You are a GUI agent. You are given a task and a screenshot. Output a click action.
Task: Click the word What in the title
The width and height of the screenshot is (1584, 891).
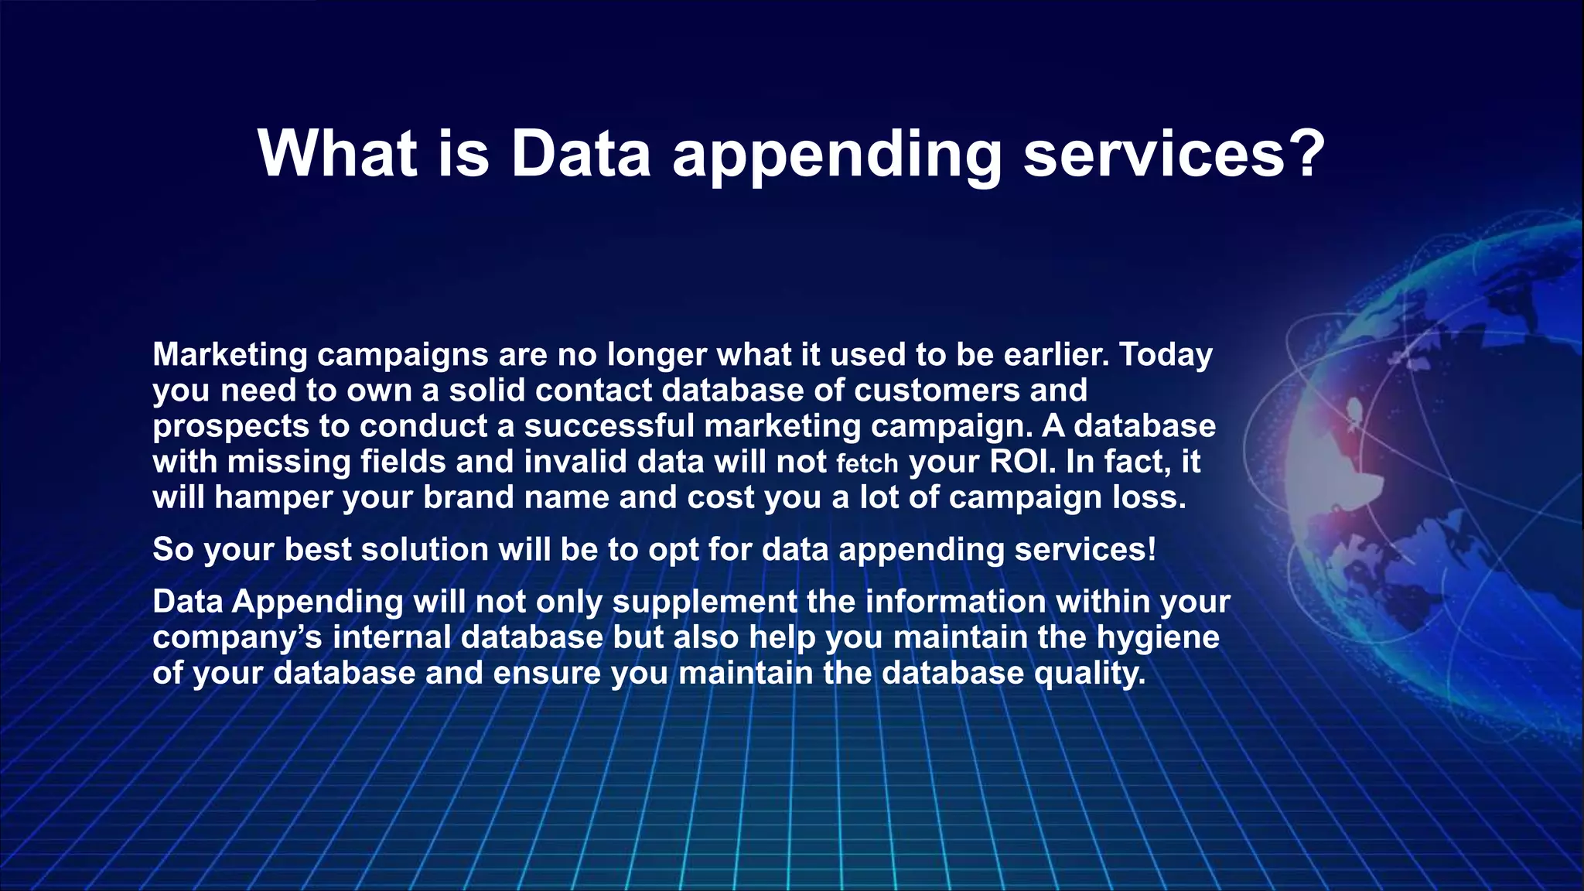[x=337, y=153]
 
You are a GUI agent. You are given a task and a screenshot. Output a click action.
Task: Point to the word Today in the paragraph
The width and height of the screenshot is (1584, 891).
[x=1166, y=354]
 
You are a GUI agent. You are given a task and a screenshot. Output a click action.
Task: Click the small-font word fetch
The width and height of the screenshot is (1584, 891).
[x=867, y=463]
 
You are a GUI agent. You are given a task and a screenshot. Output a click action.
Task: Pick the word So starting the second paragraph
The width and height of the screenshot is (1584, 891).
[x=172, y=549]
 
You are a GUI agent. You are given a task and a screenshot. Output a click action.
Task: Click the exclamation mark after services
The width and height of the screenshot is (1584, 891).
[x=1152, y=549]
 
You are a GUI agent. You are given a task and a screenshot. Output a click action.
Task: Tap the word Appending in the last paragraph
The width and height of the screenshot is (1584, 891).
[x=317, y=602]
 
